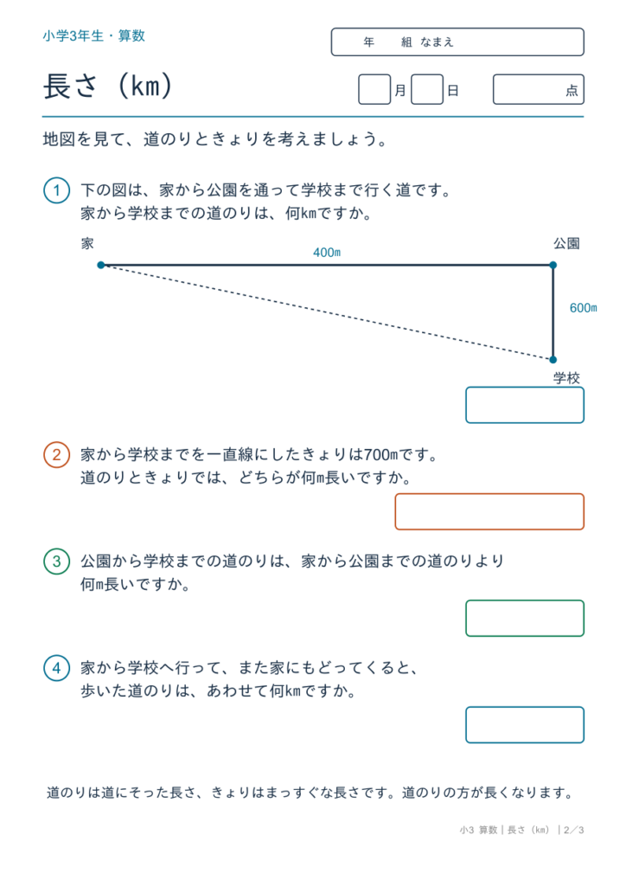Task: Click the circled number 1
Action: [56, 190]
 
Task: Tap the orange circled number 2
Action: [56, 455]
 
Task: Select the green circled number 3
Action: [56, 561]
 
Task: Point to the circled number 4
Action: [56, 668]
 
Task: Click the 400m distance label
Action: [327, 253]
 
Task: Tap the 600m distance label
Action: [583, 308]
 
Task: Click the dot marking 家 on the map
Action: [101, 265]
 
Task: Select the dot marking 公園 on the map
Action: [553, 265]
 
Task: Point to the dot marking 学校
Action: [553, 359]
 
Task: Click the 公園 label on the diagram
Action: [566, 243]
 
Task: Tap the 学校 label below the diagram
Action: [566, 378]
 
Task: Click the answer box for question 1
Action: [525, 405]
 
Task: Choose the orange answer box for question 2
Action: [489, 511]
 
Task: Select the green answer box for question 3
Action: [525, 618]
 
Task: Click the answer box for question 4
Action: [525, 725]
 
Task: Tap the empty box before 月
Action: [374, 89]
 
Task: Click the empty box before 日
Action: [427, 89]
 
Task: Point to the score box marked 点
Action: [539, 89]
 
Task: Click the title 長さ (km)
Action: [107, 87]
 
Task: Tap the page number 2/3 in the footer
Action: [573, 830]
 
